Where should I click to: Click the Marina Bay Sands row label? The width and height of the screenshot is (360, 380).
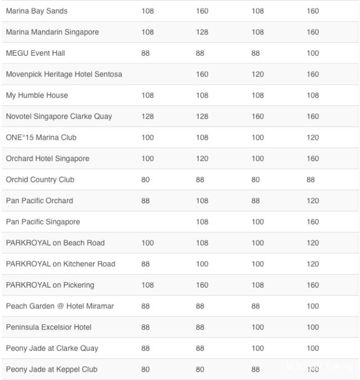[37, 11]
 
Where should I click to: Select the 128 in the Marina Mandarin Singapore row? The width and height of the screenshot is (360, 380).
[202, 32]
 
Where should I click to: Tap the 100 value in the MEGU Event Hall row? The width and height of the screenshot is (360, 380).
[313, 53]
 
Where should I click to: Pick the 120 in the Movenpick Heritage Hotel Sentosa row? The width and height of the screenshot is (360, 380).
[258, 74]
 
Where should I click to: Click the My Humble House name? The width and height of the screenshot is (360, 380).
[37, 95]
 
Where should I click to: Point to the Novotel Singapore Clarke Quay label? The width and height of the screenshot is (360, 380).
[59, 117]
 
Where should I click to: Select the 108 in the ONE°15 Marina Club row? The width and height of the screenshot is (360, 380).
[202, 137]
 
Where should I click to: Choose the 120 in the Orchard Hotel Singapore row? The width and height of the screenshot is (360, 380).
[202, 159]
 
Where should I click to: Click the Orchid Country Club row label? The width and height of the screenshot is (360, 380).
[40, 180]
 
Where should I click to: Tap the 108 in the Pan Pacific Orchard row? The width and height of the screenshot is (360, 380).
[202, 200]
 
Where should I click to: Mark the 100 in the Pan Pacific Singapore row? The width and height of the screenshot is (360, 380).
[258, 222]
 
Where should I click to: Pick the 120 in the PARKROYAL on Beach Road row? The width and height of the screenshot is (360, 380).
[313, 243]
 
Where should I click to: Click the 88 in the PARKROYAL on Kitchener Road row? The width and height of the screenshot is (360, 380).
[146, 264]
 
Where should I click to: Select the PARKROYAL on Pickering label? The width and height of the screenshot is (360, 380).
[50, 285]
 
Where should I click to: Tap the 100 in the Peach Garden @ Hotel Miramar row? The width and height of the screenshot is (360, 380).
[313, 306]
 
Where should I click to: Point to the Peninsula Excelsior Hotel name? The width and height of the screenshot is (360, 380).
[48, 327]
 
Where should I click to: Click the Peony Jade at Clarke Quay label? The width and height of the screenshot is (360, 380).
[52, 348]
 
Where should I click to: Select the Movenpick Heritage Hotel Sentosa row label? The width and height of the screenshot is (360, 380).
[64, 74]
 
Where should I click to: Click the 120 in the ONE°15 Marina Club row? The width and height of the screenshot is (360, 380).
[313, 137]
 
